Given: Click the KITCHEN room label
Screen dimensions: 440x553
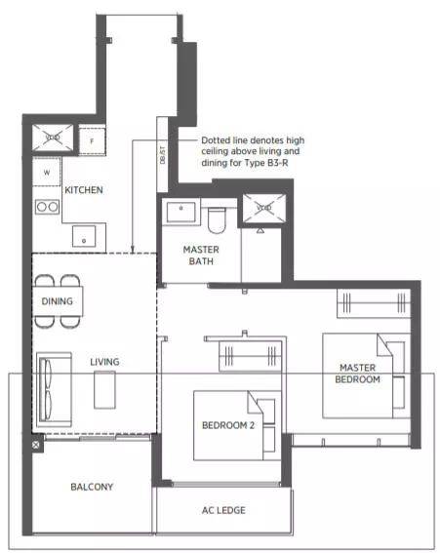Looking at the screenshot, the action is (84, 190).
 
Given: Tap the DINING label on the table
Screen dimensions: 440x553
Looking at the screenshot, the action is (58, 301).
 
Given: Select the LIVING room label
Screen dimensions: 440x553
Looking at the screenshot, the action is (104, 362).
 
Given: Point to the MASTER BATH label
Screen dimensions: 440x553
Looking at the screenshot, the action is (201, 256).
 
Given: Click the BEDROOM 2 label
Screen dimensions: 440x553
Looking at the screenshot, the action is (228, 425).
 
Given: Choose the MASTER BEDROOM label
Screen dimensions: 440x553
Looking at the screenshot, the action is (357, 374).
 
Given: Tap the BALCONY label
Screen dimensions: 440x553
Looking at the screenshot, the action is (92, 487).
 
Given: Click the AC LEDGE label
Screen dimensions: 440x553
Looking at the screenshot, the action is (223, 510).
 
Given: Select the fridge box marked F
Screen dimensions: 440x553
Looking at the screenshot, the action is (92, 141).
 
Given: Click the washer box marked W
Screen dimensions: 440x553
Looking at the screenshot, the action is (47, 173).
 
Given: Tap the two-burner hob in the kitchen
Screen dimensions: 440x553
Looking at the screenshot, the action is (47, 207).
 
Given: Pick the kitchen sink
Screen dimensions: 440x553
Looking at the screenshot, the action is (84, 236).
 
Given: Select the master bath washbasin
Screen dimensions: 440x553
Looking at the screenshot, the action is (181, 212).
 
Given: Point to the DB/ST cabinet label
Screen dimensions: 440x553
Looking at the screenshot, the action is (162, 155).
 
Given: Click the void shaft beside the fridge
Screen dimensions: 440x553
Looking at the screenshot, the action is (53, 138).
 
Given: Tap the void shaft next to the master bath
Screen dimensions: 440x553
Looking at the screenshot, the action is (264, 208).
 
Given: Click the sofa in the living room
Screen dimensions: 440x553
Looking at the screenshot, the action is (54, 389).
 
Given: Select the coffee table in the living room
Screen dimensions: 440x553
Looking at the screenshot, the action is (104, 390).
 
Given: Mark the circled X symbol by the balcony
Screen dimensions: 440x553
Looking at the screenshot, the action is (36, 445).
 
